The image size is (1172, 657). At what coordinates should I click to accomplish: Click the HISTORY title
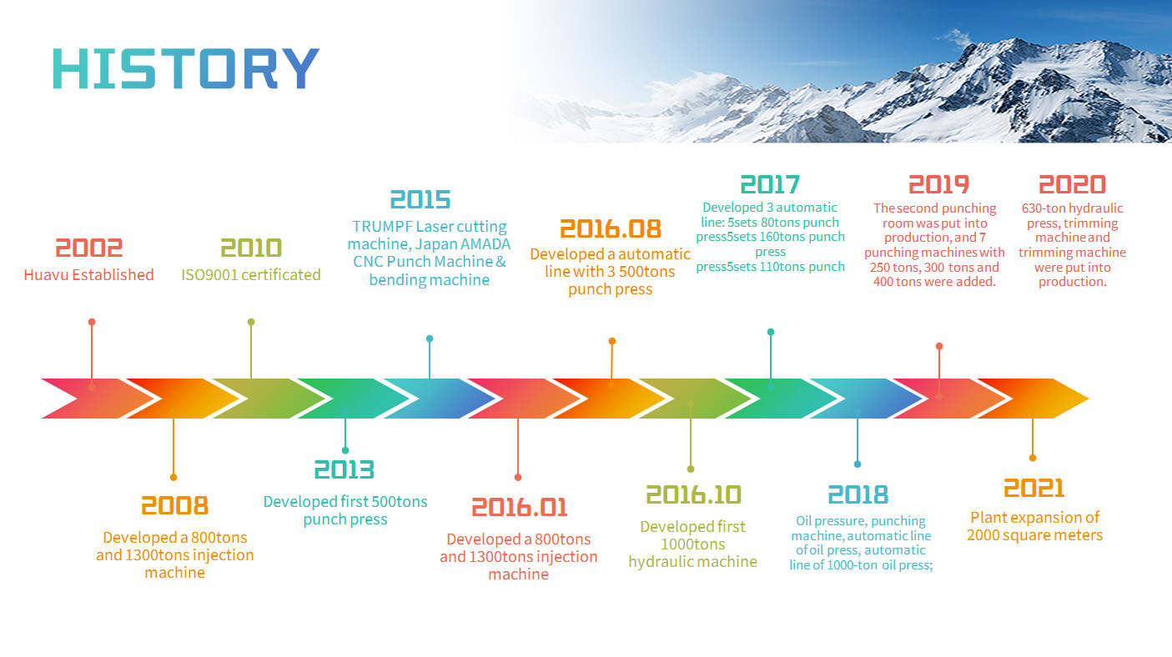[186, 68]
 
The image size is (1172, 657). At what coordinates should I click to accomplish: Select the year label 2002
[89, 248]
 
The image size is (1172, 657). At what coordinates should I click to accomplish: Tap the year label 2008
[174, 506]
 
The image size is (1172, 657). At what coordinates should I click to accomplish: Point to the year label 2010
[251, 248]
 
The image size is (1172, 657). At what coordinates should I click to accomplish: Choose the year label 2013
[345, 469]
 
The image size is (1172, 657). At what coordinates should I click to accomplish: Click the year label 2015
[420, 199]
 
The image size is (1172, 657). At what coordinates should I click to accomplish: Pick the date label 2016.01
[519, 508]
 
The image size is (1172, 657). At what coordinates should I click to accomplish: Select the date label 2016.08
[611, 229]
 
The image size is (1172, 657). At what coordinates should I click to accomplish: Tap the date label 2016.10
[694, 495]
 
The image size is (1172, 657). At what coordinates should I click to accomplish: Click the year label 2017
[770, 184]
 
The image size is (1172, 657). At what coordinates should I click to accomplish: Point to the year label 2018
[858, 495]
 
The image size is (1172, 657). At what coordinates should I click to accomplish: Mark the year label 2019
[938, 184]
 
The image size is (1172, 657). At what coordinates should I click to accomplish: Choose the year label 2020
[1072, 184]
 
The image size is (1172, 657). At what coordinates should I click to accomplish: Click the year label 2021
[1034, 489]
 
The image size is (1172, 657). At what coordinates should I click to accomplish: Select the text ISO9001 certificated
[251, 274]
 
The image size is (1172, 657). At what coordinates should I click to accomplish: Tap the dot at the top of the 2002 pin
[92, 322]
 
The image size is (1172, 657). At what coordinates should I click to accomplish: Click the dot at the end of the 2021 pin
[1033, 458]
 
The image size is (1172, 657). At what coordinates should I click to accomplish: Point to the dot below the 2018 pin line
[858, 464]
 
